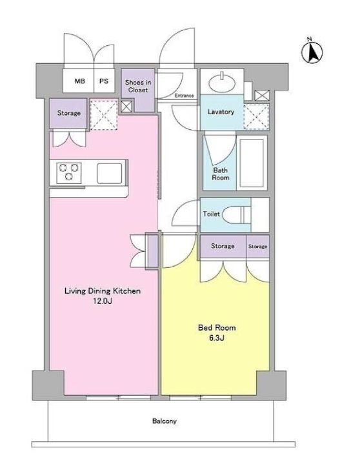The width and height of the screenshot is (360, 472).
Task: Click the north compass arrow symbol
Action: (312, 52)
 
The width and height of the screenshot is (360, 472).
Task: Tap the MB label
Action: (80, 81)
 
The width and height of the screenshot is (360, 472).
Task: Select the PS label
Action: (104, 81)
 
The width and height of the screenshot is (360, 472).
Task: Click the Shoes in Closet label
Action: (138, 86)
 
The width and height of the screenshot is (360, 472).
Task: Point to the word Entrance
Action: (184, 96)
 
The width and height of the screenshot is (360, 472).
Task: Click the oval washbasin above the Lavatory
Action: (222, 82)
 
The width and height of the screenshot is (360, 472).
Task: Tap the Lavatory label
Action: (221, 112)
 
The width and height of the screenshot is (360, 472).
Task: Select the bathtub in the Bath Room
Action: (252, 163)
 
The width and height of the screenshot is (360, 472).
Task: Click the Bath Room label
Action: (221, 174)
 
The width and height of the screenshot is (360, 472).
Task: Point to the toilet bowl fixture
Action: (237, 214)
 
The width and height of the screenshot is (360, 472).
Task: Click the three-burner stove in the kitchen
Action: (69, 173)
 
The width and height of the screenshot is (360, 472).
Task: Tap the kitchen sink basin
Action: (110, 173)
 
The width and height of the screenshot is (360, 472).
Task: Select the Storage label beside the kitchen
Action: (69, 113)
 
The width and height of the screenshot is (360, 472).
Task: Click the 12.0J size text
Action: (103, 301)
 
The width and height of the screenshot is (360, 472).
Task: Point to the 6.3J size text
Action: (217, 338)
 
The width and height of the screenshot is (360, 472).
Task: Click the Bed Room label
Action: (217, 327)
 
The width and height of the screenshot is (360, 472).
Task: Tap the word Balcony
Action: (165, 421)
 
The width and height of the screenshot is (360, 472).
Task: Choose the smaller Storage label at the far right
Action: (258, 246)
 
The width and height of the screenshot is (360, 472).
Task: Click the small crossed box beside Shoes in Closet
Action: (126, 107)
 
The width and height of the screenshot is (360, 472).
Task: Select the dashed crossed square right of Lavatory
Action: (256, 117)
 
